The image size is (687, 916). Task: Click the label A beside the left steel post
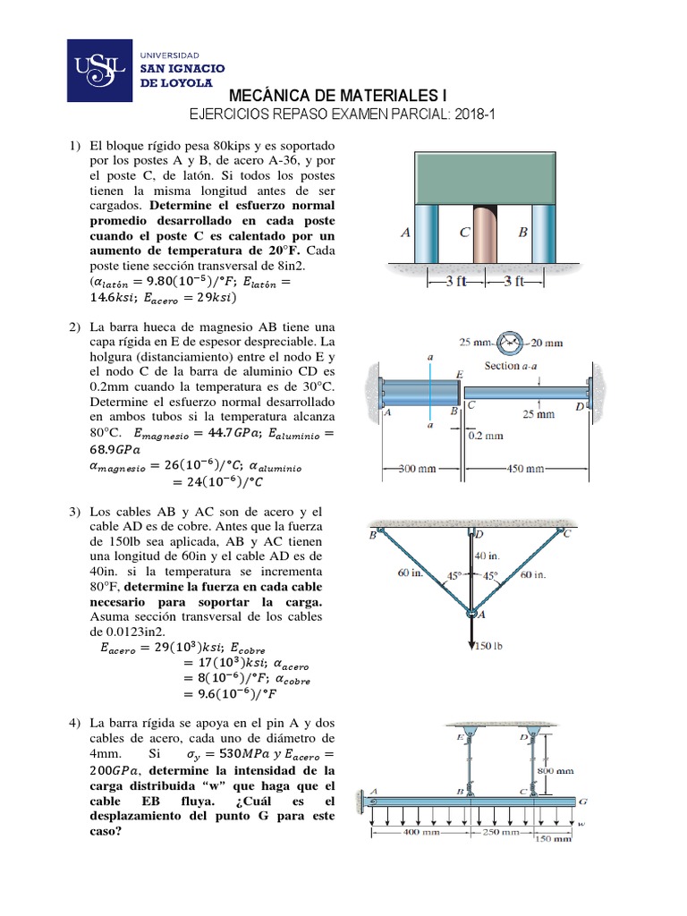click(x=405, y=233)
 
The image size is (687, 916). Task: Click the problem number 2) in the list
click(x=76, y=329)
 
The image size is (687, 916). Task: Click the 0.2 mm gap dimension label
click(x=486, y=437)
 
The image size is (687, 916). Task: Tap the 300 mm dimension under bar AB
click(x=418, y=468)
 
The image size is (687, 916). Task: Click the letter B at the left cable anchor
click(x=372, y=535)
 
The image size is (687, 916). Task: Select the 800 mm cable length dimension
click(x=556, y=770)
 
